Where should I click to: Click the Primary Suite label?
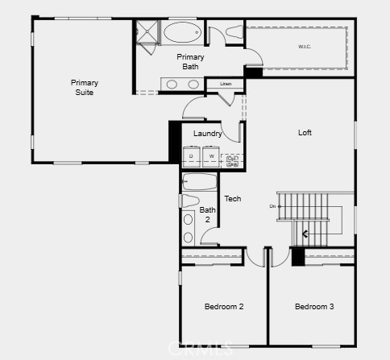click(83, 87)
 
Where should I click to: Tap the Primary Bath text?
click(190, 61)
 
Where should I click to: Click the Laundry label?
click(208, 134)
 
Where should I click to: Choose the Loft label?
click(305, 133)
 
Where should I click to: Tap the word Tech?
click(232, 199)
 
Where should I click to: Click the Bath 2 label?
click(207, 214)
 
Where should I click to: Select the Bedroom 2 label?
click(224, 307)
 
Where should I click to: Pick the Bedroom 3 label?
click(314, 307)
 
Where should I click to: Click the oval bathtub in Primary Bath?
click(185, 34)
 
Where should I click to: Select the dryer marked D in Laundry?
click(192, 155)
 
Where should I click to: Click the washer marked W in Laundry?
click(211, 155)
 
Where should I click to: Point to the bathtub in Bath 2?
click(200, 182)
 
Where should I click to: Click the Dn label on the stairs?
click(272, 207)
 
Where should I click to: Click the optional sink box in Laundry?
click(233, 160)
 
